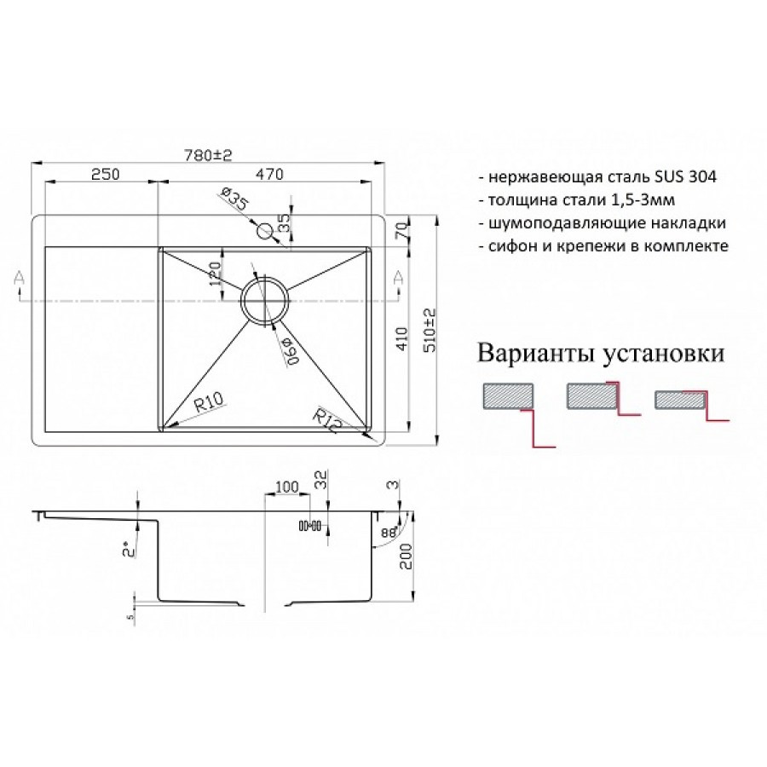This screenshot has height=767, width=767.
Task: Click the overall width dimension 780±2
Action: [x=208, y=154]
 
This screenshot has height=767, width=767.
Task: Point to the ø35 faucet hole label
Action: [x=234, y=199]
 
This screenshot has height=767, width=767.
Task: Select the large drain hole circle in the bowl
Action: [x=265, y=299]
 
